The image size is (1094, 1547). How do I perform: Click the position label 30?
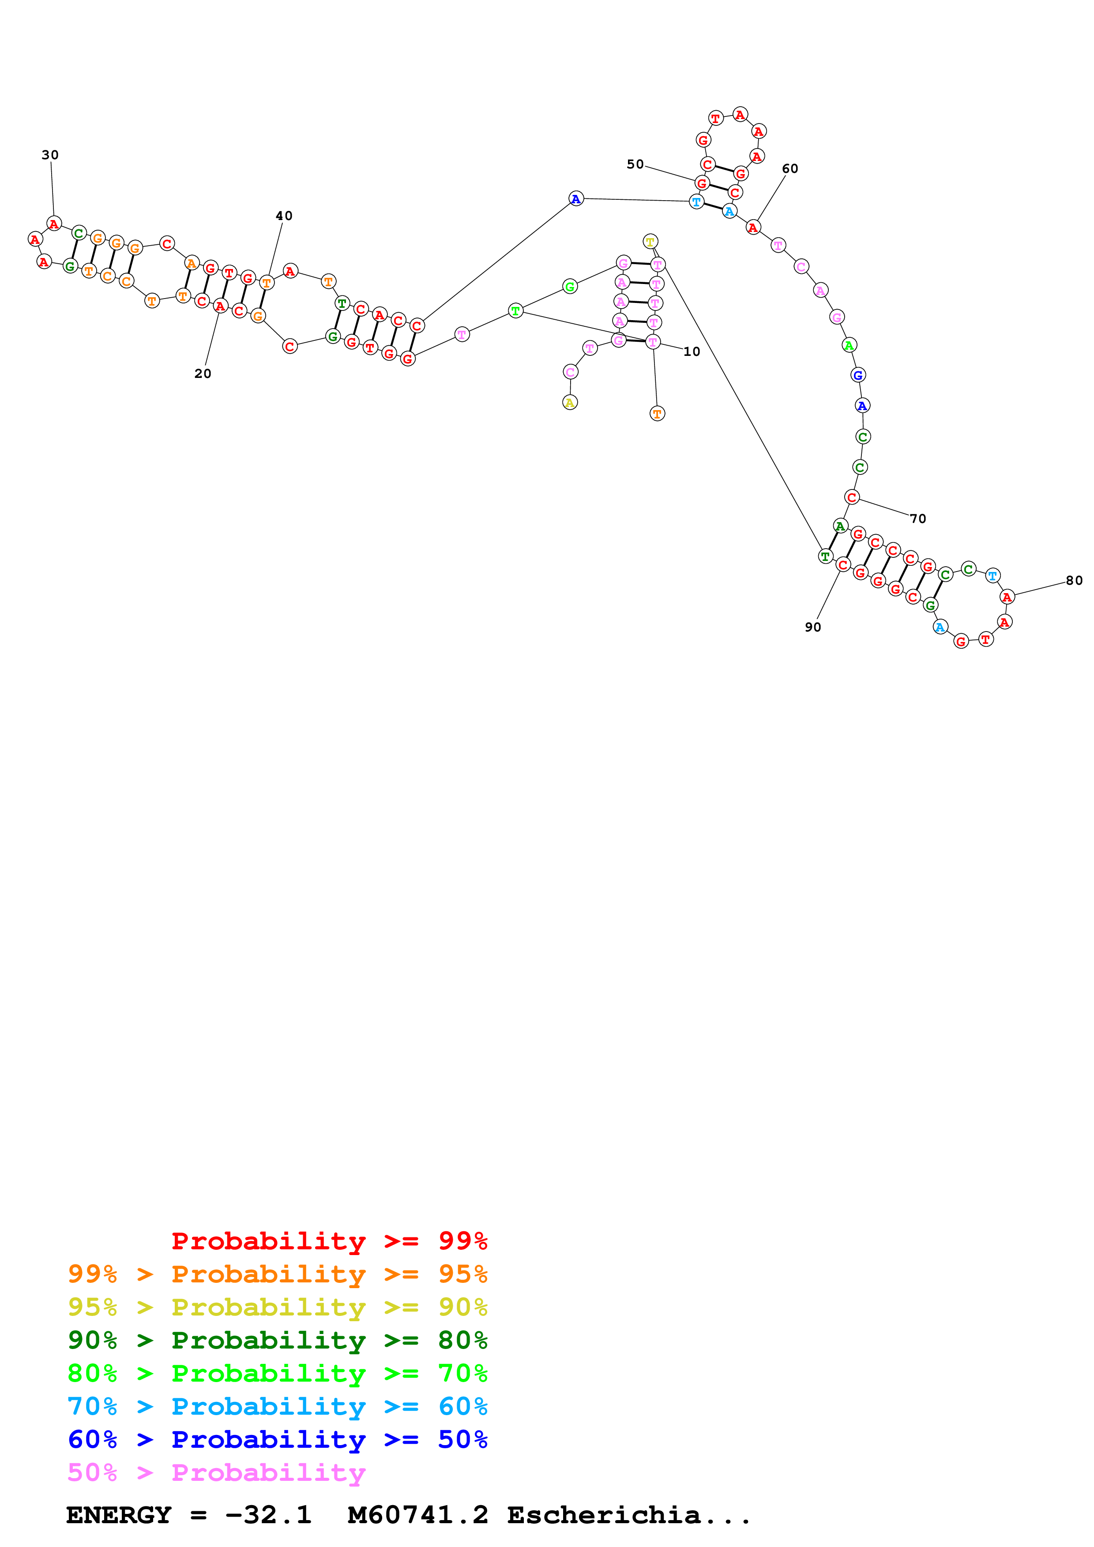coord(50,155)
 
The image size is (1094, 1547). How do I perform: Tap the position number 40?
coord(284,216)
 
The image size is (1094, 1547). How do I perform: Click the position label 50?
coord(635,164)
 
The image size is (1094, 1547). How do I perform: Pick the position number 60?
coord(790,168)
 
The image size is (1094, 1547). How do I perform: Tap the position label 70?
coord(918,518)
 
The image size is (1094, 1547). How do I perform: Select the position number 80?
coord(1074,580)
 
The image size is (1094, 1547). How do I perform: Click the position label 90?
coord(813,627)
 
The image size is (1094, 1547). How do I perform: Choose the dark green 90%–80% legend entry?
coord(277,1340)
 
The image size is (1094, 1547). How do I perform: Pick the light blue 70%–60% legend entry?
coord(277,1406)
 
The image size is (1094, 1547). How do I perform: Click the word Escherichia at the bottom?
coord(603,1515)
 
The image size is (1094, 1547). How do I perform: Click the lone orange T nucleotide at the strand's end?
coord(657,414)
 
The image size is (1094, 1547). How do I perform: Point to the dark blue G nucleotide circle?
coord(857,375)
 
